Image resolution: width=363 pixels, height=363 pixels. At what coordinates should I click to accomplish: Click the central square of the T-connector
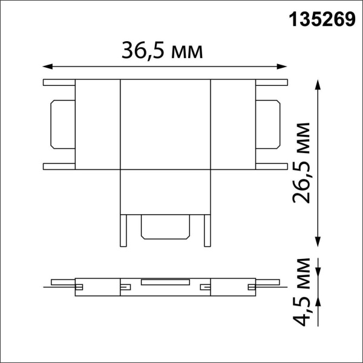[165, 124]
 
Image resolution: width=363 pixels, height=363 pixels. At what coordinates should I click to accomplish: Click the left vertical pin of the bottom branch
[124, 231]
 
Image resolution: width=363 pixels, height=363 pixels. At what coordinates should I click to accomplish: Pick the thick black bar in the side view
[165, 281]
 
